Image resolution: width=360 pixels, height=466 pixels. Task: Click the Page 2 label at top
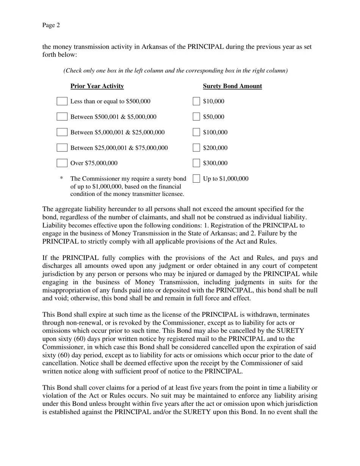[x=51, y=25]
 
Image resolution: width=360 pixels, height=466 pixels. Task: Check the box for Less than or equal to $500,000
[x=62, y=101]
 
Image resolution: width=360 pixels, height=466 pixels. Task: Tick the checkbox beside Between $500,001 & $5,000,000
[x=62, y=117]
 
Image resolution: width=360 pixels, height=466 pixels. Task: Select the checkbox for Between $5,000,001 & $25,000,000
[x=62, y=132]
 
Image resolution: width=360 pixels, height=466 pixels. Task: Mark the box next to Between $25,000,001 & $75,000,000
[x=62, y=148]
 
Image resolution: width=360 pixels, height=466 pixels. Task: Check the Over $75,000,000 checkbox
[x=62, y=163]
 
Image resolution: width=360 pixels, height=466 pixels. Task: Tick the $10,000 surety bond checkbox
[x=196, y=101]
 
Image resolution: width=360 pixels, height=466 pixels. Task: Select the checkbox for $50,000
[x=196, y=117]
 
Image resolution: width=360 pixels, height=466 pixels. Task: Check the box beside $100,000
[x=196, y=132]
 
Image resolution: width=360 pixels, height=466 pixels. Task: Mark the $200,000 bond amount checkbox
[x=196, y=148]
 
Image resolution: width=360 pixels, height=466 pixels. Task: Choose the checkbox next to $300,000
[x=196, y=163]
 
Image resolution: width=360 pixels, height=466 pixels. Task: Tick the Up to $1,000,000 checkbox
[x=196, y=178]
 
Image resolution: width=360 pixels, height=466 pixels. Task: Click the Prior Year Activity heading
[x=97, y=86]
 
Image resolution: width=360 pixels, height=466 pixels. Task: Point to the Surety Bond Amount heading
[x=232, y=86]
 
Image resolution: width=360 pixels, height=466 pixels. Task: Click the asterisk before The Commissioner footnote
[x=61, y=178]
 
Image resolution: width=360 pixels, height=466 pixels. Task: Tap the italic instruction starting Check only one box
[x=175, y=71]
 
